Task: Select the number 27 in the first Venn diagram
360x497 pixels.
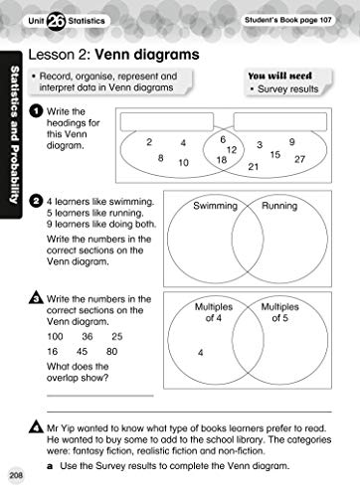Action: click(x=300, y=159)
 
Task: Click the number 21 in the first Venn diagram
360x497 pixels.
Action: click(x=254, y=166)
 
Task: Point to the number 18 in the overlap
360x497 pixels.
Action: click(x=221, y=159)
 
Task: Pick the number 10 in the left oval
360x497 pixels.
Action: click(x=184, y=162)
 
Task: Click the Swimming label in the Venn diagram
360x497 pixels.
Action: click(x=215, y=206)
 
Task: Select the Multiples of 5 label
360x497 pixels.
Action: click(x=279, y=313)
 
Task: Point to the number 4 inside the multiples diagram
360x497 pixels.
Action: click(x=201, y=353)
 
